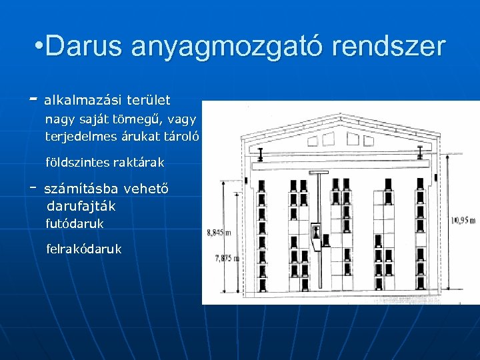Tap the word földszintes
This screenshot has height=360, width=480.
point(77,162)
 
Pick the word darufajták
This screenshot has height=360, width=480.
point(81,206)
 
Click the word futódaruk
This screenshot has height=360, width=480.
point(75,224)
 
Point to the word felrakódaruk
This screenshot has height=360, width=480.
point(84,249)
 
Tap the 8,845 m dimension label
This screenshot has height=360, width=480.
point(219,233)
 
